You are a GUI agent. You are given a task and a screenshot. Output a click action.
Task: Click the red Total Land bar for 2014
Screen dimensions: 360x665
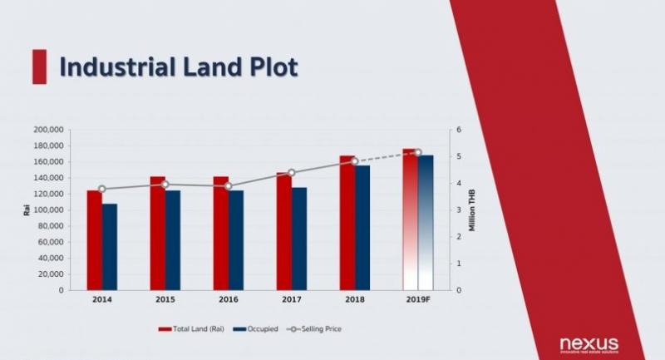point(94,240)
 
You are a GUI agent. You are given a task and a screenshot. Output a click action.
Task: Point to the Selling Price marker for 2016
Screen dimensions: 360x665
point(228,186)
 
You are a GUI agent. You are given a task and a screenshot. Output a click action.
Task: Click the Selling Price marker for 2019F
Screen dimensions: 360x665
point(417,152)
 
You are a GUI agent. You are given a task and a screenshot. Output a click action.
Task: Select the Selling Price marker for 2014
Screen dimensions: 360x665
point(101,189)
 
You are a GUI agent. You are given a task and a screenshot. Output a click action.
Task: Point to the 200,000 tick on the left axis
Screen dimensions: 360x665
point(49,130)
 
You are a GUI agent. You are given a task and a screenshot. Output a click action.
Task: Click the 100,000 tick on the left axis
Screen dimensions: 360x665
point(49,210)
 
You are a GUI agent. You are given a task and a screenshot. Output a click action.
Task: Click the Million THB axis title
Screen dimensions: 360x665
point(472,211)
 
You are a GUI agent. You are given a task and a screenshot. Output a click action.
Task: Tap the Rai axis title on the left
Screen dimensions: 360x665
point(26,210)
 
